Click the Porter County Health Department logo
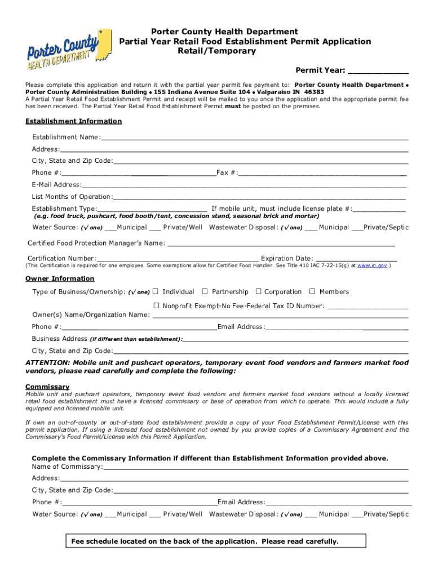(63, 50)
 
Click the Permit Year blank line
(378, 71)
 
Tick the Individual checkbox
(157, 292)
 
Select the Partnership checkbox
(206, 292)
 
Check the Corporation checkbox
(259, 292)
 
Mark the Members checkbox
(312, 292)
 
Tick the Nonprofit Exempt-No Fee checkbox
(157, 306)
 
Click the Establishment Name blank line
(254, 138)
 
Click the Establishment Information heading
(74, 121)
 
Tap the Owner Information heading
(60, 279)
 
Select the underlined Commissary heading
(47, 387)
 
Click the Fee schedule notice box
(216, 542)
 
